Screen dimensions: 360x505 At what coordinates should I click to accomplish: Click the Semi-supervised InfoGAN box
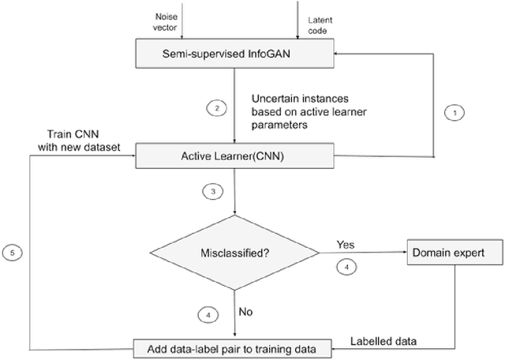234,53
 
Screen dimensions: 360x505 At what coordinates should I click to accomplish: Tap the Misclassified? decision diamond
234,253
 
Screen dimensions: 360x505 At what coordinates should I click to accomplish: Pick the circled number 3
212,190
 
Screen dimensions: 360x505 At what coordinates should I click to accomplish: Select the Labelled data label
383,340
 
